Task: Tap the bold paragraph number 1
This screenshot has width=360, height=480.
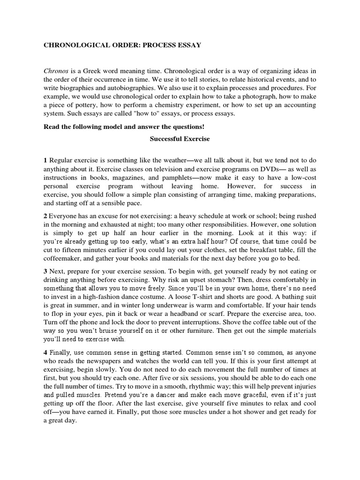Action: coord(45,161)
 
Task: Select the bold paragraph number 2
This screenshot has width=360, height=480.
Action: coord(45,216)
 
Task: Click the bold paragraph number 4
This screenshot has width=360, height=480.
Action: coord(45,352)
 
